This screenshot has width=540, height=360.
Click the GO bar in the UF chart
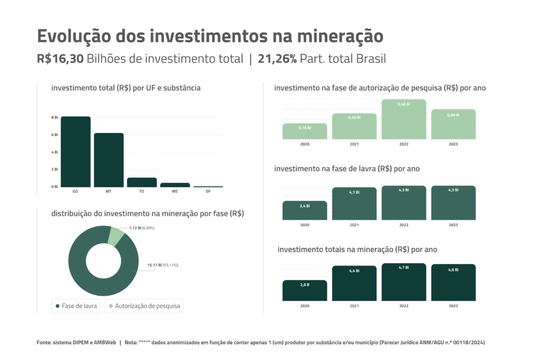[x=75, y=152]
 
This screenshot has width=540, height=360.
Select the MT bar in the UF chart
[x=109, y=160]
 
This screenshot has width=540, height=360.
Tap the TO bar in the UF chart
[x=141, y=182]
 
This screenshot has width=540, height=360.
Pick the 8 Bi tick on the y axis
[x=55, y=118]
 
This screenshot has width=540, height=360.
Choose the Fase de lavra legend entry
[x=76, y=306]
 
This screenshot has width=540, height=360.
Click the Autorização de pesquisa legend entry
[x=144, y=306]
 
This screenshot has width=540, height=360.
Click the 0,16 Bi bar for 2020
[x=304, y=131]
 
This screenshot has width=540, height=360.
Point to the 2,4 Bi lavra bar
[x=304, y=210]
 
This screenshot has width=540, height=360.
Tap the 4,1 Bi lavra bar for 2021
[x=354, y=203]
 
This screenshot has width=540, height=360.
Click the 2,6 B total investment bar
[x=304, y=290]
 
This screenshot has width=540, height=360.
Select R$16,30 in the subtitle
[x=60, y=59]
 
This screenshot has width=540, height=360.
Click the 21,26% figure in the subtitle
[x=277, y=59]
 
